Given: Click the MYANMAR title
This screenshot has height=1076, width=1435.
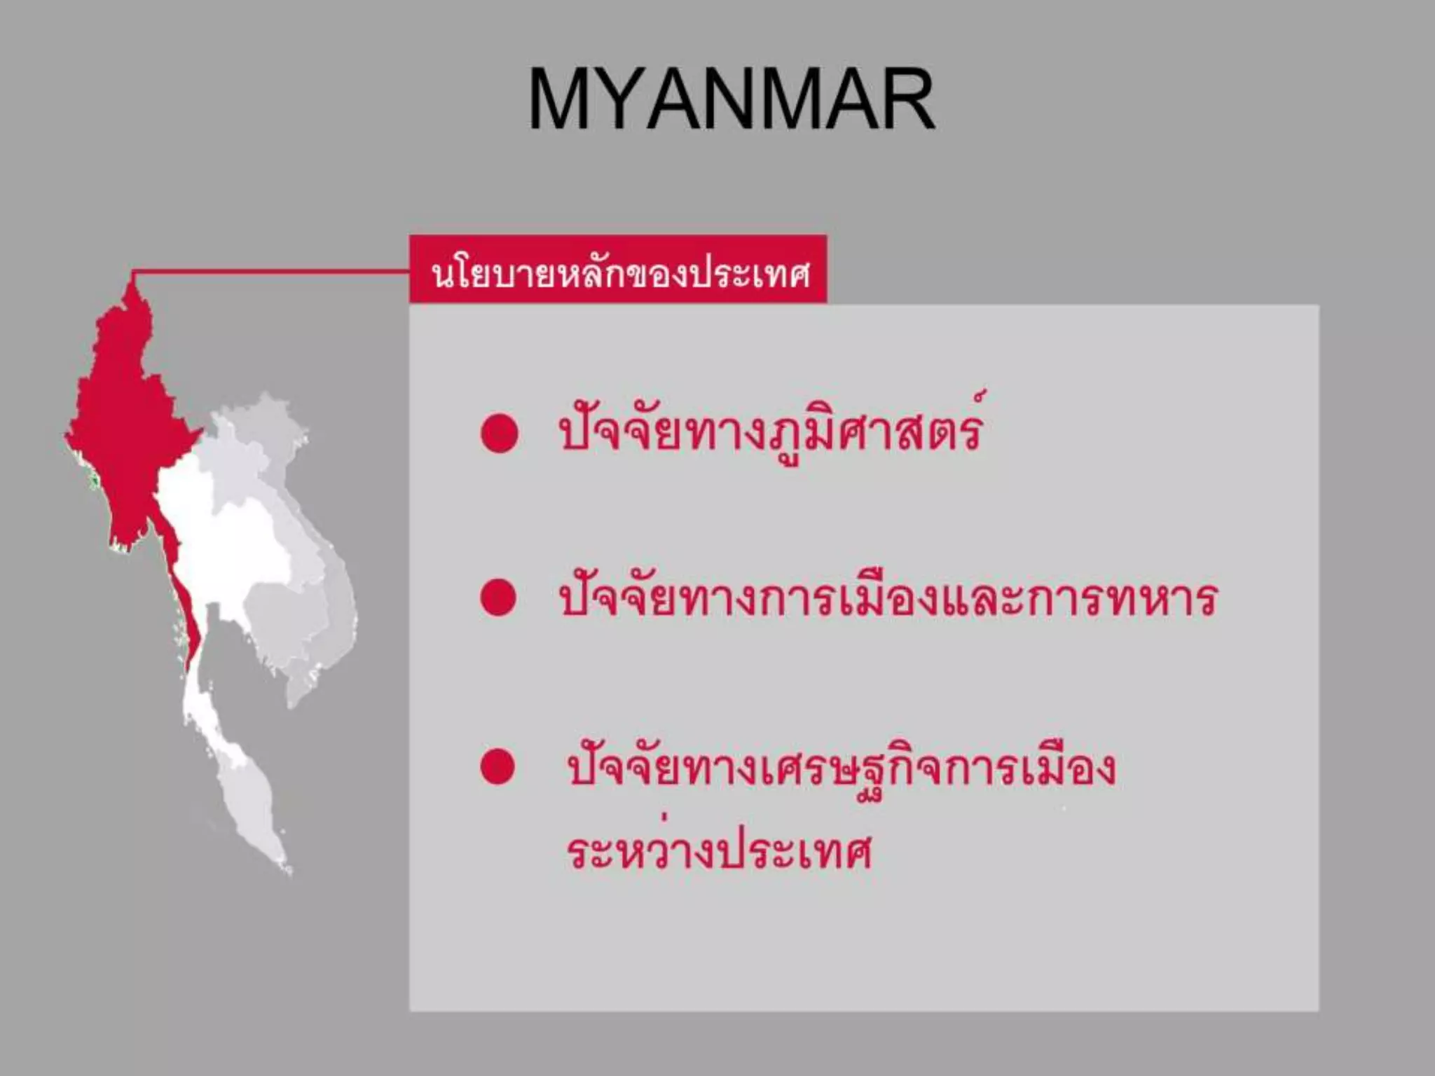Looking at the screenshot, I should tap(732, 99).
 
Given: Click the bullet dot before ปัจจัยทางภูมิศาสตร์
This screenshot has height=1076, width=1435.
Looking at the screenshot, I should tap(499, 433).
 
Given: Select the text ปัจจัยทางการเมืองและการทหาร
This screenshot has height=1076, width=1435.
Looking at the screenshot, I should tap(888, 599).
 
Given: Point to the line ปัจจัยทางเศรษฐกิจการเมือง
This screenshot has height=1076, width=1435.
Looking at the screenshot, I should tap(841, 769).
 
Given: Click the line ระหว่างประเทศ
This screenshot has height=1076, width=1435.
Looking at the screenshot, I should tap(719, 851).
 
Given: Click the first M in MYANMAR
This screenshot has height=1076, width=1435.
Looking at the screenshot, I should tap(557, 99).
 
